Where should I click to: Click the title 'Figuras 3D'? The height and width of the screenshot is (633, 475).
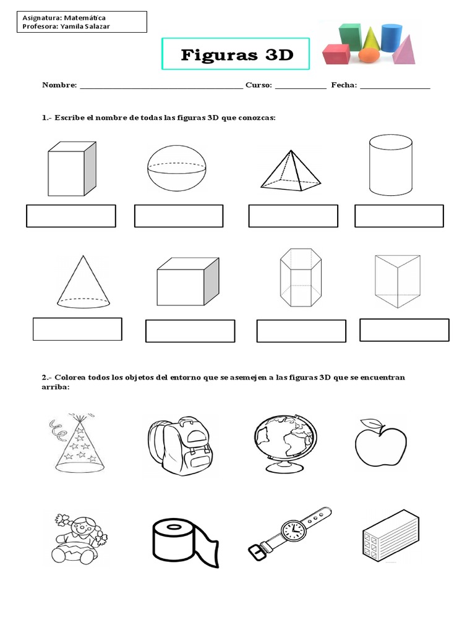pyautogui.click(x=236, y=55)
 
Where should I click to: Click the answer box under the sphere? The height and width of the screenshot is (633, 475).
pyautogui.click(x=179, y=216)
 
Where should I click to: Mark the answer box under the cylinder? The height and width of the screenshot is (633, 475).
pyautogui.click(x=399, y=216)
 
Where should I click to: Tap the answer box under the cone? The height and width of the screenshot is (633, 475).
pyautogui.click(x=77, y=329)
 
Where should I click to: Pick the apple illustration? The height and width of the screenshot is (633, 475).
pyautogui.click(x=380, y=443)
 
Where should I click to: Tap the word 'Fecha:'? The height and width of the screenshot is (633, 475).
pyautogui.click(x=344, y=85)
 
